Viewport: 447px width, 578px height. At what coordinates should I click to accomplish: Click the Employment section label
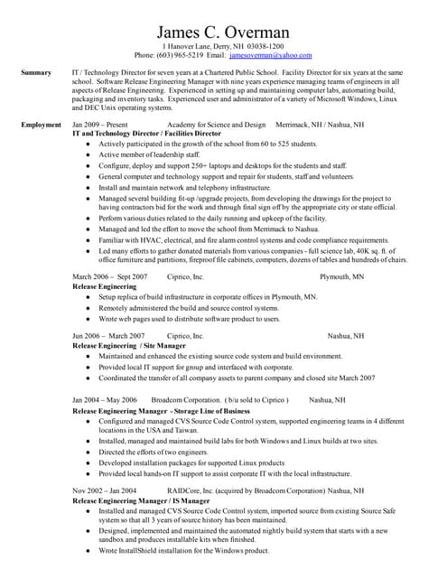point(41,125)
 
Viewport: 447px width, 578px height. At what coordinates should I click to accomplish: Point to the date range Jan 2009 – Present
point(99,125)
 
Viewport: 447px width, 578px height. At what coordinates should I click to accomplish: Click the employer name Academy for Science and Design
point(217,125)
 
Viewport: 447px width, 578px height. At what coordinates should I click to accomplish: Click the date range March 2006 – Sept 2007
point(109,277)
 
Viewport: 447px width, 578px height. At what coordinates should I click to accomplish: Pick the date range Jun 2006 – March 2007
point(108,336)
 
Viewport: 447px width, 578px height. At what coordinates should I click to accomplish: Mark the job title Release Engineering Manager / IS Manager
point(140,499)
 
